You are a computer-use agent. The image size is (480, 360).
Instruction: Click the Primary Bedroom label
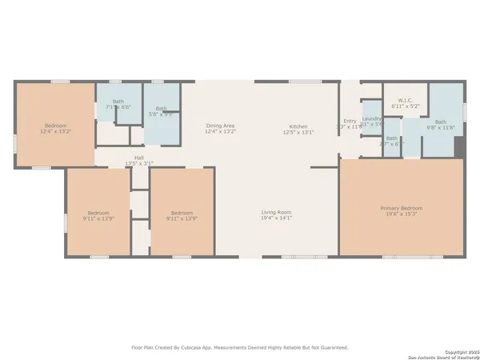(401, 208)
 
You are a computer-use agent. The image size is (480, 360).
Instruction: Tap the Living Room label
(276, 212)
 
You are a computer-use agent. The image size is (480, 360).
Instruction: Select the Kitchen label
(298, 126)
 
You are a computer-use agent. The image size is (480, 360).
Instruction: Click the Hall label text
(138, 158)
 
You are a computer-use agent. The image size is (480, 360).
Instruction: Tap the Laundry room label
(372, 118)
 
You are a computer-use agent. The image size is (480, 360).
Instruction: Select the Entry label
(350, 121)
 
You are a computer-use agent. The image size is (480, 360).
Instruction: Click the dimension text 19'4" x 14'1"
(276, 218)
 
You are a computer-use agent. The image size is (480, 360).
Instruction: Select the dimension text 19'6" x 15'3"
(401, 214)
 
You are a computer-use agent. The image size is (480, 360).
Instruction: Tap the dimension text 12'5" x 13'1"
(298, 132)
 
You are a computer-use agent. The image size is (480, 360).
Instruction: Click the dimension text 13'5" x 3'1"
(138, 164)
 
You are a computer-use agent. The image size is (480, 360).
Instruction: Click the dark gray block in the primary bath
(458, 148)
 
